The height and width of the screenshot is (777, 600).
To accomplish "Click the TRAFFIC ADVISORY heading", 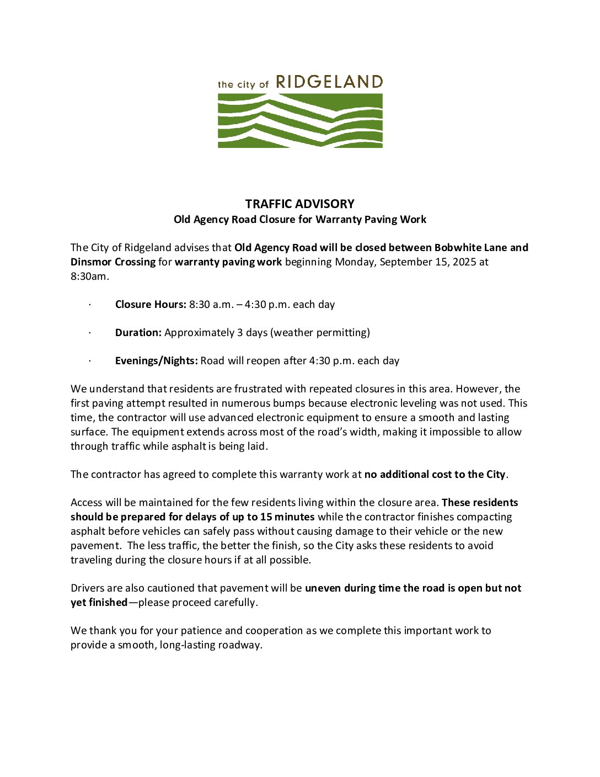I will (299, 204).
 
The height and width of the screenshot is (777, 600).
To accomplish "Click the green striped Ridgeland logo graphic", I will (300, 120).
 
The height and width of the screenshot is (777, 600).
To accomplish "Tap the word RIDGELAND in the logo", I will (329, 82).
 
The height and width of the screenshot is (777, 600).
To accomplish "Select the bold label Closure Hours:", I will (151, 305).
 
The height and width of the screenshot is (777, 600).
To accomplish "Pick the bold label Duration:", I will (138, 333).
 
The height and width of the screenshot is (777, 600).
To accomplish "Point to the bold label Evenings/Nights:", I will (156, 361).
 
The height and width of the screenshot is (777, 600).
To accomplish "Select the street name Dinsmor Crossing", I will (113, 262).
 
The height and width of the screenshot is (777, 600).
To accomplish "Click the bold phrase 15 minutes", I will (287, 517).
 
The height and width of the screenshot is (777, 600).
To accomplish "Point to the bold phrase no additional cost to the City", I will (435, 475).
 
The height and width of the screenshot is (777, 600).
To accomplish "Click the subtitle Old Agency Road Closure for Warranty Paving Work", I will (299, 220).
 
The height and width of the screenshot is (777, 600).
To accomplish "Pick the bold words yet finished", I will (99, 603).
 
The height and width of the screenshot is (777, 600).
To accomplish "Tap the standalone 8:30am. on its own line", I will (89, 276).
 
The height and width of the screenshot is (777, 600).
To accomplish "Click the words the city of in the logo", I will (243, 84).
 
